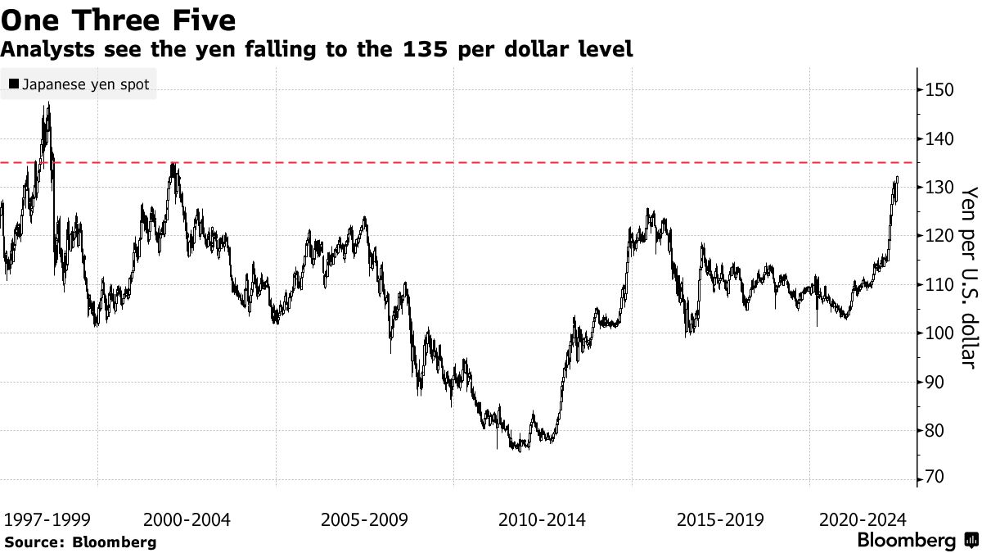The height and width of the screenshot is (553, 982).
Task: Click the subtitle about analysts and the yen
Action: click(x=317, y=49)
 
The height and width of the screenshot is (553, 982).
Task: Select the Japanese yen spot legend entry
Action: click(x=79, y=84)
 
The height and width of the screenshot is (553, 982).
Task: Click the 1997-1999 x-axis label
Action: click(x=47, y=519)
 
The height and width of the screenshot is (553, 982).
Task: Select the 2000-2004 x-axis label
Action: click(x=187, y=519)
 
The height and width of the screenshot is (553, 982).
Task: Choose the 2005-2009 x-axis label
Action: click(x=365, y=519)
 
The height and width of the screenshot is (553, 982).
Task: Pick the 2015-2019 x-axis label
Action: click(x=720, y=519)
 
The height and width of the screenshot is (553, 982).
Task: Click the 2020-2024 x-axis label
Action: click(x=862, y=519)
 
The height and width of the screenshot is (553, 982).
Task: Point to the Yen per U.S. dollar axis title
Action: click(x=969, y=277)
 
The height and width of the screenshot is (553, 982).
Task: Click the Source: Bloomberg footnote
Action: click(x=79, y=542)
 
